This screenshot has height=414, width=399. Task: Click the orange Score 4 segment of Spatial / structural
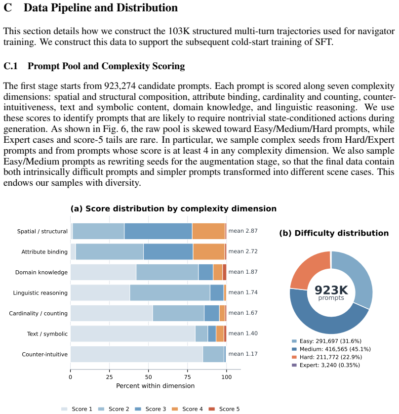[208, 231]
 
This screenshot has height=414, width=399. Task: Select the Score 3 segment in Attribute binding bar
[168, 251]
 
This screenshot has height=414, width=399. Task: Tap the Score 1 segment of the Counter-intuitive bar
[136, 354]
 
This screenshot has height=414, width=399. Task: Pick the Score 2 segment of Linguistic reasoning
[170, 292]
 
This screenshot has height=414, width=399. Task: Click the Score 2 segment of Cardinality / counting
[178, 313]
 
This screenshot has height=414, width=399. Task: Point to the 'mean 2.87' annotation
[243, 231]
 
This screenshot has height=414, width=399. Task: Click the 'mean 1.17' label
[243, 354]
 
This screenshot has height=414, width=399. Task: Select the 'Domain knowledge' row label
[41, 272]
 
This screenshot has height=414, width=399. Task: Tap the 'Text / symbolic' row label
[47, 334]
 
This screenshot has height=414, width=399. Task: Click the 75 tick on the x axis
[187, 377]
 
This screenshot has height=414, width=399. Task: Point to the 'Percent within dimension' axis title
[155, 386]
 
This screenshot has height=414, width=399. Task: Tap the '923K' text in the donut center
[331, 290]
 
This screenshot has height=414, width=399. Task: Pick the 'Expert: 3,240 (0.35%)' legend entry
[326, 365]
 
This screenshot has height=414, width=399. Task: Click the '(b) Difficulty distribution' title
[334, 233]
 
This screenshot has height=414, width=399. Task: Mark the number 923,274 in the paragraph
[120, 86]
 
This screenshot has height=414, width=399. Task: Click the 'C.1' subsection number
[10, 66]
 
